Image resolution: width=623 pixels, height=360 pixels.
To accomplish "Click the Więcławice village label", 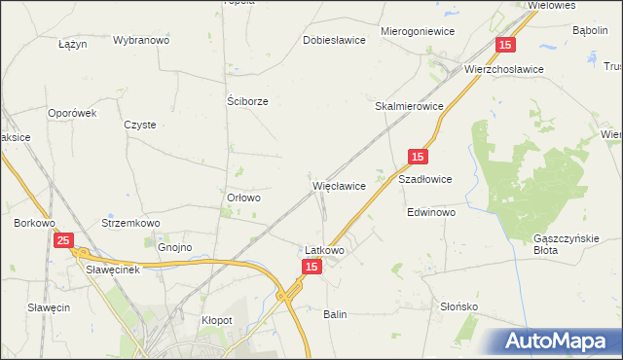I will point(339,185).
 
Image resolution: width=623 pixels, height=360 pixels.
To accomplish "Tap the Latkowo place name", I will point(325,250).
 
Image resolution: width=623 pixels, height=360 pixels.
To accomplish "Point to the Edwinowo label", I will point(431,212).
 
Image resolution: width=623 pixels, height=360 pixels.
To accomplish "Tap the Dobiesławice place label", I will point(334,41).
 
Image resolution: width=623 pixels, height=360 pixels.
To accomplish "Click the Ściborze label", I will point(247,101).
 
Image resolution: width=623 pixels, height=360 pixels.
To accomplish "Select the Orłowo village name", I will point(243,198).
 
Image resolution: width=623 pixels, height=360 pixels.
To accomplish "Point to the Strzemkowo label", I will point(130,223).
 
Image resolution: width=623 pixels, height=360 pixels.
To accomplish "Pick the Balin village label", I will point(335,314).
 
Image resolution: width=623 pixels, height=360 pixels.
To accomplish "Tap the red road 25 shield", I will point(63,240).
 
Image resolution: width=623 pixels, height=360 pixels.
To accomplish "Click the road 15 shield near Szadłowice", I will point(417,157).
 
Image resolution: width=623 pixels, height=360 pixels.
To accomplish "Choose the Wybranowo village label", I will point(141,41).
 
